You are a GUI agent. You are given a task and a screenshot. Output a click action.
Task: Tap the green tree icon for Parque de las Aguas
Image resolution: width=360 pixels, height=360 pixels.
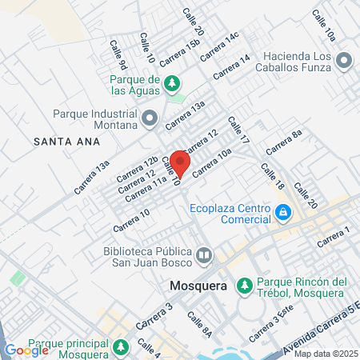pyautogui.click(x=170, y=82)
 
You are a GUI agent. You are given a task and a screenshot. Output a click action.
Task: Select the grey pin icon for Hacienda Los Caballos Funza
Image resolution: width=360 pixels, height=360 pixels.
pyautogui.click(x=344, y=60)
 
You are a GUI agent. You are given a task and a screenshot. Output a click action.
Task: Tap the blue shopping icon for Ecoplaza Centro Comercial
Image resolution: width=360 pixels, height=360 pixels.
pyautogui.click(x=282, y=212)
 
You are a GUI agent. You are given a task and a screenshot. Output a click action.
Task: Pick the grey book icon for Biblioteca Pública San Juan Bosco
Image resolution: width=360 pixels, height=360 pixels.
pyautogui.click(x=204, y=256)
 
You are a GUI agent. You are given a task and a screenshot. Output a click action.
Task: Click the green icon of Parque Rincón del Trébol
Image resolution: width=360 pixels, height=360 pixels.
pyautogui.click(x=244, y=285)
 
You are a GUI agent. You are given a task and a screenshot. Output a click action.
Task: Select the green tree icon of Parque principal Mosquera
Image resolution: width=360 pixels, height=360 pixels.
pyautogui.click(x=120, y=348)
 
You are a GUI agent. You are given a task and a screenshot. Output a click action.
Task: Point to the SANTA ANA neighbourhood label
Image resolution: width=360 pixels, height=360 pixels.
pyautogui.click(x=66, y=142)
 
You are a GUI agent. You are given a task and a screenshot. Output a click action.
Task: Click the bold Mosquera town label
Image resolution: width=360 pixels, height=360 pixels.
pyautogui.click(x=199, y=285)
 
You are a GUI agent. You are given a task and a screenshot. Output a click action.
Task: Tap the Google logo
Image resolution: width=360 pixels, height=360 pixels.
pyautogui.click(x=26, y=350)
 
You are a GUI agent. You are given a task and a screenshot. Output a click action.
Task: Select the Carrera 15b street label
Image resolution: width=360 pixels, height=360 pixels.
pyautogui.click(x=179, y=54)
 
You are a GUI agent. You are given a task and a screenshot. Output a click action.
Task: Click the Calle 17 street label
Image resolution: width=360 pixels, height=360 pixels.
pyautogui.click(x=238, y=130)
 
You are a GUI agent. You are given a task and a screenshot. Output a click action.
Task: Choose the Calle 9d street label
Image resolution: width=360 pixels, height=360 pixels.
pyautogui.click(x=118, y=54)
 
